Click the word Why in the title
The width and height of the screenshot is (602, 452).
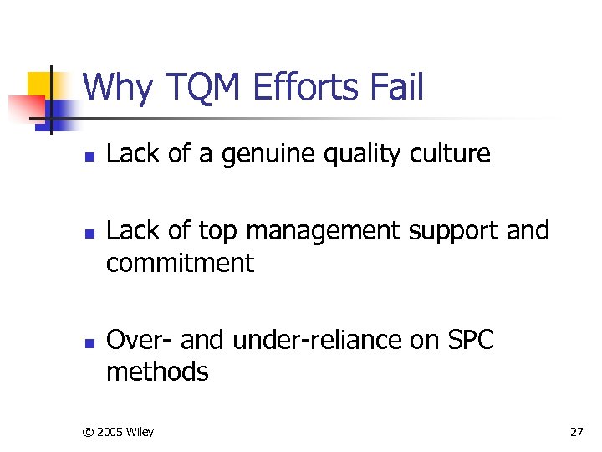(x=117, y=87)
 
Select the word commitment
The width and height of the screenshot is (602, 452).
(x=180, y=263)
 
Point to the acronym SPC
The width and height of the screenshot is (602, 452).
(x=472, y=340)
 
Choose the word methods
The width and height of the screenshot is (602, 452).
(x=157, y=371)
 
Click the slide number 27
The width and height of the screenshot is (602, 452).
(x=576, y=432)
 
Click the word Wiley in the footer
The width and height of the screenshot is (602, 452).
(x=140, y=432)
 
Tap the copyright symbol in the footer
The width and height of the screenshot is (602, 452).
(x=87, y=432)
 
